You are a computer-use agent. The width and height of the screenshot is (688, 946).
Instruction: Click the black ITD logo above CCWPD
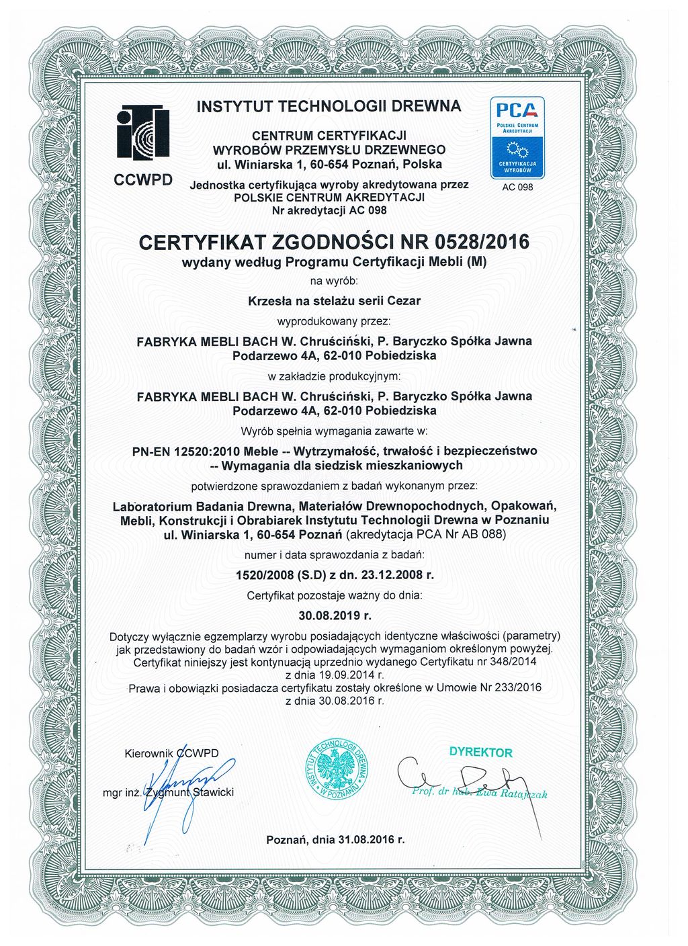[142, 133]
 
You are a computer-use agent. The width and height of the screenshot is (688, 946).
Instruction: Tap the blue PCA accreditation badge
[517, 137]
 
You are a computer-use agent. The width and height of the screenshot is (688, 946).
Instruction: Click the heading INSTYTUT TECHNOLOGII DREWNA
[329, 106]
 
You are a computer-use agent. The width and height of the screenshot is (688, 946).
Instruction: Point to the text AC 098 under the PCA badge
[517, 187]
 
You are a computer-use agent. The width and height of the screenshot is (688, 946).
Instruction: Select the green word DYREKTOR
[480, 753]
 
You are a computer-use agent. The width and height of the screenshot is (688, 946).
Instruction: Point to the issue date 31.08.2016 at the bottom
[365, 840]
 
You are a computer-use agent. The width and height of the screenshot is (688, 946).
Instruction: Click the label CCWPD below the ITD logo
[143, 179]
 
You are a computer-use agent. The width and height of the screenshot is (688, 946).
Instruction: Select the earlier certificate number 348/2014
[527, 662]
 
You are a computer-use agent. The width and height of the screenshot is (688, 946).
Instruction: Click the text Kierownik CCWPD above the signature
[172, 754]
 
